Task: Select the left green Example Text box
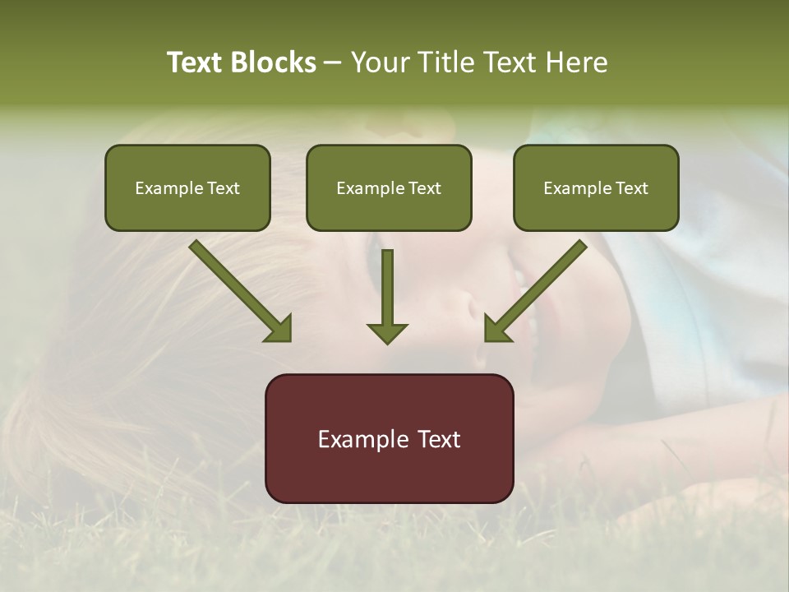pyautogui.click(x=187, y=187)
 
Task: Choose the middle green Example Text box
pyautogui.click(x=389, y=187)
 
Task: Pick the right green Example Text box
pyautogui.click(x=596, y=187)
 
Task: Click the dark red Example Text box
pyautogui.click(x=389, y=438)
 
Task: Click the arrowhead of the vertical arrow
pyautogui.click(x=387, y=332)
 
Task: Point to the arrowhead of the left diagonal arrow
pyautogui.click(x=279, y=329)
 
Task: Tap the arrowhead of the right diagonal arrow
pyautogui.click(x=496, y=329)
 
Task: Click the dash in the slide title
pyautogui.click(x=333, y=63)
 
